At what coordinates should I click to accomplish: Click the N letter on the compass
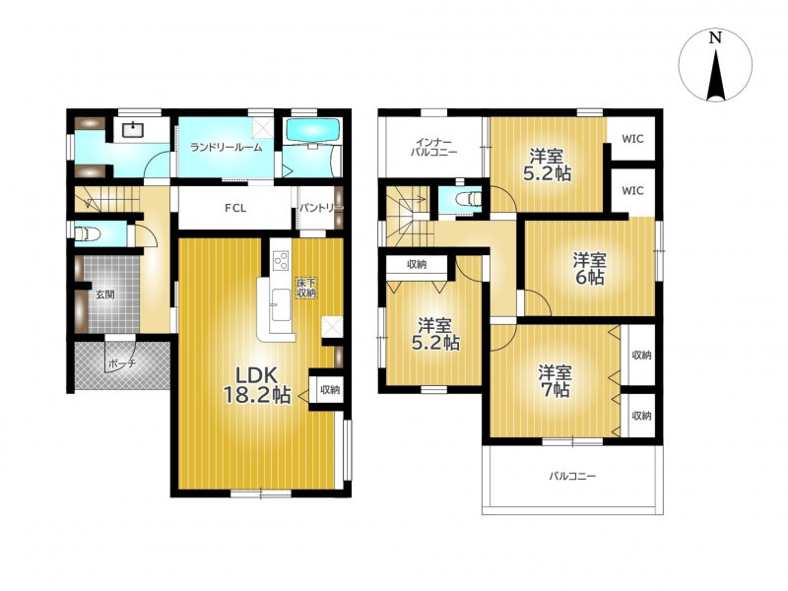click(715, 37)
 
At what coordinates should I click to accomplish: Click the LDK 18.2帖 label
click(257, 385)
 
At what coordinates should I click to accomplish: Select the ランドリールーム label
click(227, 147)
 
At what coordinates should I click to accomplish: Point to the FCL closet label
click(235, 208)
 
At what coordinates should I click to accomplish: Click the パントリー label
click(321, 208)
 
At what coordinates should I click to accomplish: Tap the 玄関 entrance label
click(105, 295)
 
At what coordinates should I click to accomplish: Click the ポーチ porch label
click(122, 362)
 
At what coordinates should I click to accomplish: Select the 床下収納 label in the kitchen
click(306, 288)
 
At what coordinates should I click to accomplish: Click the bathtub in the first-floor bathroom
click(312, 130)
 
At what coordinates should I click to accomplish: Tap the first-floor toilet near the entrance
click(88, 233)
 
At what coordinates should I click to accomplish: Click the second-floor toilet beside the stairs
click(468, 199)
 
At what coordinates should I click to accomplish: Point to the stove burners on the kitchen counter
click(281, 260)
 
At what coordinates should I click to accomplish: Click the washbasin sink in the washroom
click(132, 129)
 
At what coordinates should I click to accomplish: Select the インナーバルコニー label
click(433, 147)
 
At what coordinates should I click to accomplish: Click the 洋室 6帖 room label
click(590, 268)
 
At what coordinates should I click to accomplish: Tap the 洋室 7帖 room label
click(555, 381)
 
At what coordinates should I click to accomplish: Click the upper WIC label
click(632, 139)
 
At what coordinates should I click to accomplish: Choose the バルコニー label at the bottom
click(572, 476)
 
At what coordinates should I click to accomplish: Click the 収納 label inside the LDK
click(330, 389)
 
